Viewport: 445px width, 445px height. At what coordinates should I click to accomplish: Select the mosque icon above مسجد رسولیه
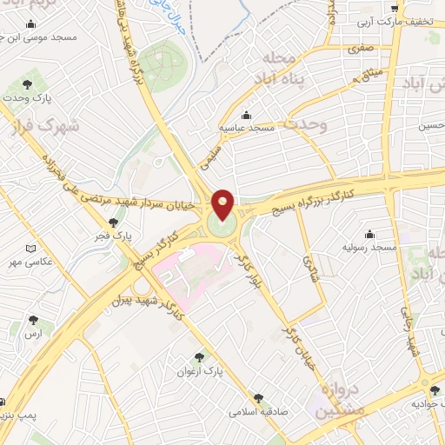coord(370,233)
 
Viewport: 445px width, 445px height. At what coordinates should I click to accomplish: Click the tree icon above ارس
coord(34,320)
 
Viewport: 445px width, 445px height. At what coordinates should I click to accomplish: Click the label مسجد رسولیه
coord(371,249)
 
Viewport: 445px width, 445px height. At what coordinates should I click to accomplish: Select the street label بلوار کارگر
coord(249,271)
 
